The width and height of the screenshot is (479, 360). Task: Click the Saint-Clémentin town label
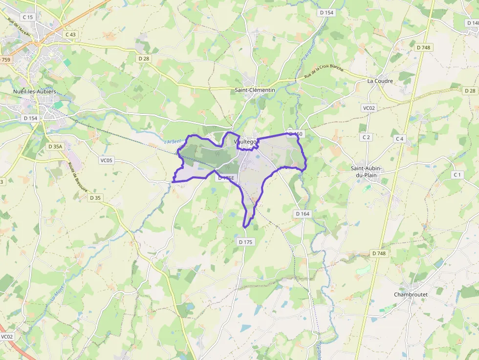255,90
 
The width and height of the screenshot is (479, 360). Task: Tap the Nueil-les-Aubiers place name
35,92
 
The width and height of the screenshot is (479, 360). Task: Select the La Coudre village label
381,81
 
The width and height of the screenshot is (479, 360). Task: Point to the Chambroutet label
411,295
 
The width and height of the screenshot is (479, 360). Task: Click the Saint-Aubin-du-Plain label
366,172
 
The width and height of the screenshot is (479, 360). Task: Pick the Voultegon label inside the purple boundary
245,142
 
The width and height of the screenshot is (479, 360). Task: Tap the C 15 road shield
27,17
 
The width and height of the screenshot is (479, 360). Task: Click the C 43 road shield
71,35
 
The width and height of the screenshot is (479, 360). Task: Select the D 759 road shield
4,60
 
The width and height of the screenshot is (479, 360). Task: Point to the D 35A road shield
55,147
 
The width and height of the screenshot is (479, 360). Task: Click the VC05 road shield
106,160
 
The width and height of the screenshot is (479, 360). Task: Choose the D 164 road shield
303,214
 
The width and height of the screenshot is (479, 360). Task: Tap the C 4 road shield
400,139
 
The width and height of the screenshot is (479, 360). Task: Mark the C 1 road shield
457,175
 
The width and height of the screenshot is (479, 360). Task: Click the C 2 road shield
366,137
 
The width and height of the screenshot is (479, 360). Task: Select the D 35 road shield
95,198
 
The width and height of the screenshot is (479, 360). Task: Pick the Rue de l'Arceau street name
19,30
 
